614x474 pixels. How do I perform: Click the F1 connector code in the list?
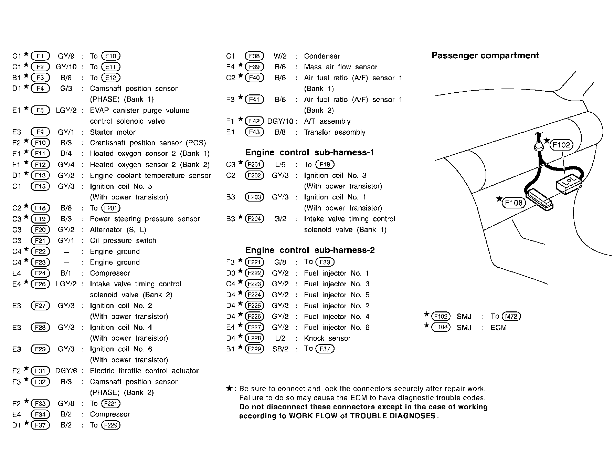coord(40,56)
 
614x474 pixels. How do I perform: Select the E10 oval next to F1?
coord(111,56)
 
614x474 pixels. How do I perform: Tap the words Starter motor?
coord(113,132)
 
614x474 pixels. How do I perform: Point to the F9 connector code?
coord(40,132)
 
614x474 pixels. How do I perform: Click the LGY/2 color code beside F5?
coord(66,111)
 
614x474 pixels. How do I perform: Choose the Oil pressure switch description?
coord(123,240)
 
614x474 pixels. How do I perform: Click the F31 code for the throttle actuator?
coord(40,371)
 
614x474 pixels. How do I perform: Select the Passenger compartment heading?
coord(485,55)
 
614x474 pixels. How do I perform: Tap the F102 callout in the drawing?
coord(561,145)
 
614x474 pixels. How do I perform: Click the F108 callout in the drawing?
coord(514,203)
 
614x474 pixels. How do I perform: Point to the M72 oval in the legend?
coord(511,316)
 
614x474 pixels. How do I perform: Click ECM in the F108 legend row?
coord(499,328)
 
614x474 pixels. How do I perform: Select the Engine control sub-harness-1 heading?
coord(310,153)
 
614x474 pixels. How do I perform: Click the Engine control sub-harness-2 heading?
coord(310,250)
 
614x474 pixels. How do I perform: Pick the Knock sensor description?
coord(327,338)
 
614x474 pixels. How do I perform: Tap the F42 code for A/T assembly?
coord(254,121)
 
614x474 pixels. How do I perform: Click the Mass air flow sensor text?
coord(340,67)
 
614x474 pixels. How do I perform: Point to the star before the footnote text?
coord(230,389)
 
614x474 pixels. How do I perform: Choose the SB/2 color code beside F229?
coord(280,349)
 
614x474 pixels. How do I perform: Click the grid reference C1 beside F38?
coord(231,56)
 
